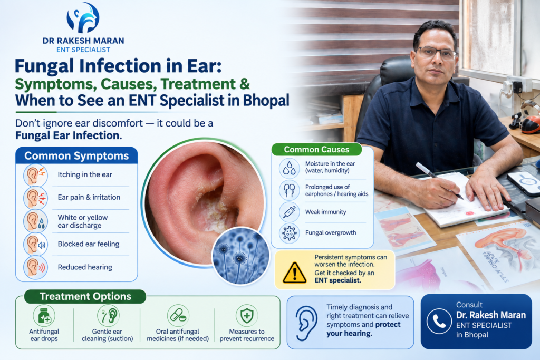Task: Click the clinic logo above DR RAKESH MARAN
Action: [83, 18]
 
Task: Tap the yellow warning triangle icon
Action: [294, 273]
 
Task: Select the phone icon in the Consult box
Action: [439, 321]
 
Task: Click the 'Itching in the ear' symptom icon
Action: [35, 175]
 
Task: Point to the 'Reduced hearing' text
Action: [85, 267]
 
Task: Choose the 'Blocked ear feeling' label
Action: [89, 244]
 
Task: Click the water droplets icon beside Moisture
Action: [289, 168]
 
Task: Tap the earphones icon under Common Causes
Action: [289, 190]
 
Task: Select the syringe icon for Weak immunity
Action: [289, 212]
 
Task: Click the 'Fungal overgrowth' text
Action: [331, 232]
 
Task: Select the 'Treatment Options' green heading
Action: [85, 296]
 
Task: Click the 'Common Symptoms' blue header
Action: [76, 156]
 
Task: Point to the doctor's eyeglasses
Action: [436, 53]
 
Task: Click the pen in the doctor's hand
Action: [439, 180]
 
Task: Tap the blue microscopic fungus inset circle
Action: [240, 255]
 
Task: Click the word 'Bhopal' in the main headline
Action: [266, 101]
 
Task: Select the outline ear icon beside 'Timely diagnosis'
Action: [306, 323]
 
